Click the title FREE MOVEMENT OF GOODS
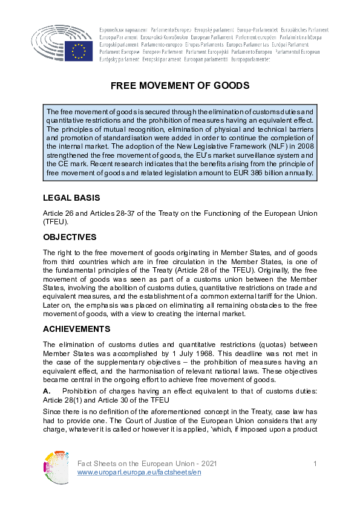click(180, 86)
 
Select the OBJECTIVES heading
click(70, 237)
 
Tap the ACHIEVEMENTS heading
click(76, 329)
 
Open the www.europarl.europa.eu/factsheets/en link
click(139, 472)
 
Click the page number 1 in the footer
click(315, 463)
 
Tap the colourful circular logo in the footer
click(56, 467)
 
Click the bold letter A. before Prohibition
click(47, 389)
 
